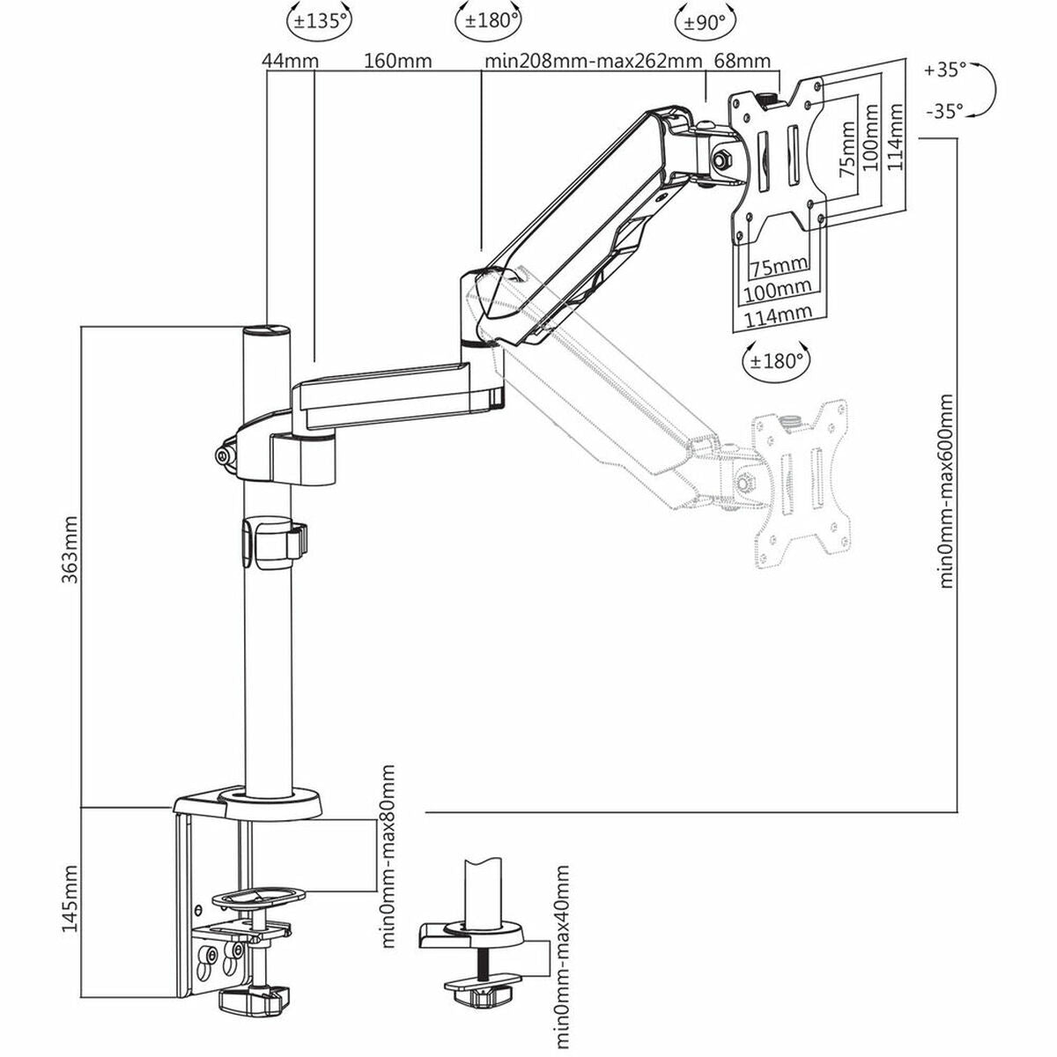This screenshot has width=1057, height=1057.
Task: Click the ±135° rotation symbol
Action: coord(316,20)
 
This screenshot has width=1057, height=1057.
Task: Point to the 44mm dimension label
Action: coord(290,61)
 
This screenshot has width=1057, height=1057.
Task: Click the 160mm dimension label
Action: coord(396,61)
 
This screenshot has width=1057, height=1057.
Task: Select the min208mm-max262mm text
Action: coord(593,61)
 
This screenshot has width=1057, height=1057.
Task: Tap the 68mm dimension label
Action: coord(743,61)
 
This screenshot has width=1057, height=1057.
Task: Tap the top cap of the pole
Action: coord(267,332)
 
